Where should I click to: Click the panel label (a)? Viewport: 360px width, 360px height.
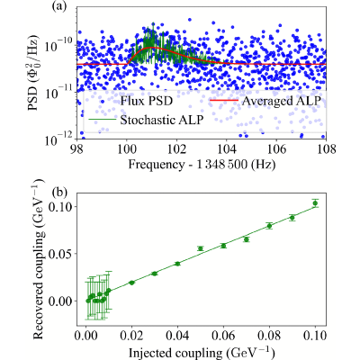58,6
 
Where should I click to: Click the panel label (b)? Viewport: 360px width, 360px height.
60,193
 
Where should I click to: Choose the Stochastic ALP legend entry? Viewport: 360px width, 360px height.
147,120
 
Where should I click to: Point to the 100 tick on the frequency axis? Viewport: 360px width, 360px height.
127,149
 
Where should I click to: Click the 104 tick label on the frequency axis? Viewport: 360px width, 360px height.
226,149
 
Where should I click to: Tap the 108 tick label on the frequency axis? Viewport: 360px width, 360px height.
326,149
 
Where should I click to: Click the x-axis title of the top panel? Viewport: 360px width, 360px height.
202,165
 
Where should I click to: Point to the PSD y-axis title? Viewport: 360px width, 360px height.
33,73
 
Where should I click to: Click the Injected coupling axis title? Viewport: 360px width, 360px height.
202,352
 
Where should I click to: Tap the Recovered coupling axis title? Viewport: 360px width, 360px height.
38,258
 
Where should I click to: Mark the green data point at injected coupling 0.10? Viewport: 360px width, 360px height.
315,203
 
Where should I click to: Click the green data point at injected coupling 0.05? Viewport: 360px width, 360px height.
201,248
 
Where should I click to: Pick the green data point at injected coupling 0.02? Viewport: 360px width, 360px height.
131,283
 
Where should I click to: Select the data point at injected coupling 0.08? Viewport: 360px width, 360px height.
269,226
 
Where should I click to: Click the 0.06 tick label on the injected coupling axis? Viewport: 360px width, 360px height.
223,336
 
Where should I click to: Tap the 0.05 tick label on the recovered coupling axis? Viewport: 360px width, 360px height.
61,254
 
